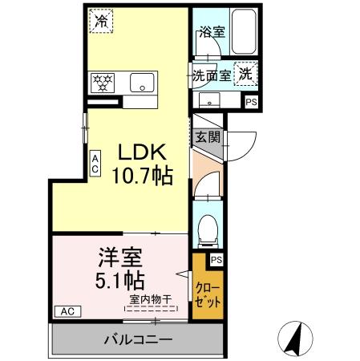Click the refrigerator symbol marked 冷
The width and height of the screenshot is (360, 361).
click(x=101, y=20)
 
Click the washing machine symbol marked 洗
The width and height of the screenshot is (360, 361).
click(x=245, y=71)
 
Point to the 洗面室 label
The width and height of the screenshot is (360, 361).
click(x=211, y=75)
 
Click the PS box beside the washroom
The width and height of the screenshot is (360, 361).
click(x=251, y=102)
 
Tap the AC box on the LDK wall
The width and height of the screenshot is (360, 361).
click(x=95, y=164)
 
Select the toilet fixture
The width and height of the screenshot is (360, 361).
click(x=206, y=226)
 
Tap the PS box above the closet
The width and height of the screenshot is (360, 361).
click(x=216, y=259)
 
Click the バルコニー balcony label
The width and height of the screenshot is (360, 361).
click(x=137, y=339)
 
